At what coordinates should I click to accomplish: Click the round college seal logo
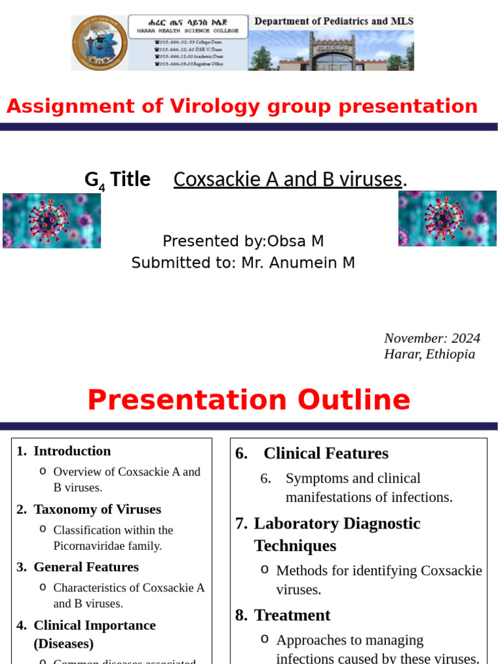click(100, 43)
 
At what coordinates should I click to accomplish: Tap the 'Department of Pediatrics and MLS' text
click(333, 21)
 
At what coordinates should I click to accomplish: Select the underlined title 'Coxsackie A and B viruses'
click(288, 180)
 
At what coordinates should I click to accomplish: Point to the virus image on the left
click(52, 220)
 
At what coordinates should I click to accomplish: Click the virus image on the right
click(447, 218)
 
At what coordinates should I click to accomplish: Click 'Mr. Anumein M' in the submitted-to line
click(298, 263)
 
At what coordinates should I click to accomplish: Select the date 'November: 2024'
click(432, 338)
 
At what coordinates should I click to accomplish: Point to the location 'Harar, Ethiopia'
click(429, 354)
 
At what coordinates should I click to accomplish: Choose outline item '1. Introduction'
click(64, 451)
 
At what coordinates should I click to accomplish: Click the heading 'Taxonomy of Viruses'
click(97, 510)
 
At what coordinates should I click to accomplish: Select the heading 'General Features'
click(86, 567)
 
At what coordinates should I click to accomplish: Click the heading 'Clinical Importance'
click(95, 626)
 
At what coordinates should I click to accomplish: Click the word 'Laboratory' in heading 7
click(296, 523)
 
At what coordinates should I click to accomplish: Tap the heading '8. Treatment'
click(283, 615)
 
